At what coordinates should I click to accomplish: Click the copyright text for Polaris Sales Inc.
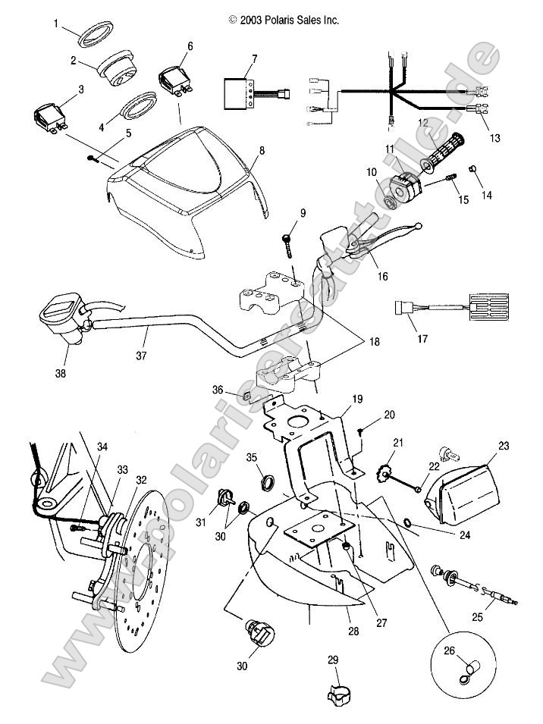pyautogui.click(x=283, y=20)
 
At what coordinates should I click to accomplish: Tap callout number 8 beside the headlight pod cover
pyautogui.click(x=262, y=151)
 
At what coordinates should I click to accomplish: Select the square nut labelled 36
pyautogui.click(x=246, y=395)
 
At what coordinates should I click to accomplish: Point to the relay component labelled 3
pyautogui.click(x=50, y=119)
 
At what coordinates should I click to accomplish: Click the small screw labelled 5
pyautogui.click(x=94, y=158)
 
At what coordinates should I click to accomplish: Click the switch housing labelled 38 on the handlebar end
pyautogui.click(x=61, y=321)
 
